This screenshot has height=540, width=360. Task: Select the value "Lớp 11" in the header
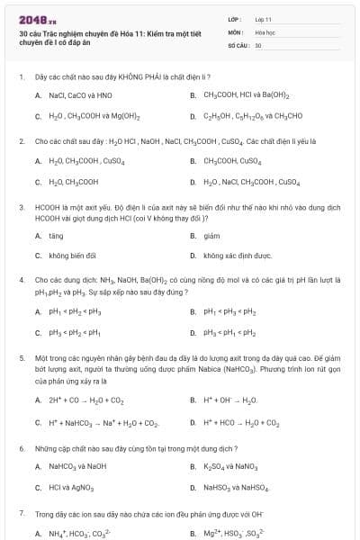coord(264,19)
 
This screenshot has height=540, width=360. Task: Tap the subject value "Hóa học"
coord(265,31)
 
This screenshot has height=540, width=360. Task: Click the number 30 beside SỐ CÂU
coord(258,44)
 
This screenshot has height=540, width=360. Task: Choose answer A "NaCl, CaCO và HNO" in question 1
coord(80,94)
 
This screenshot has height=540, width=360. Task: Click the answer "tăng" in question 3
coord(56,236)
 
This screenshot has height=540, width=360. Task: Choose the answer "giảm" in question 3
coord(211,236)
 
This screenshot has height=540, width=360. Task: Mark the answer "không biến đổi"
coord(67,256)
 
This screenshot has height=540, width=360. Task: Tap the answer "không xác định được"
coord(237,256)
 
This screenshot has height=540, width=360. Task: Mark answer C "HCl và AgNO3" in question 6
coord(72,488)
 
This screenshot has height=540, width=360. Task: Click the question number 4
coord(21,280)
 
